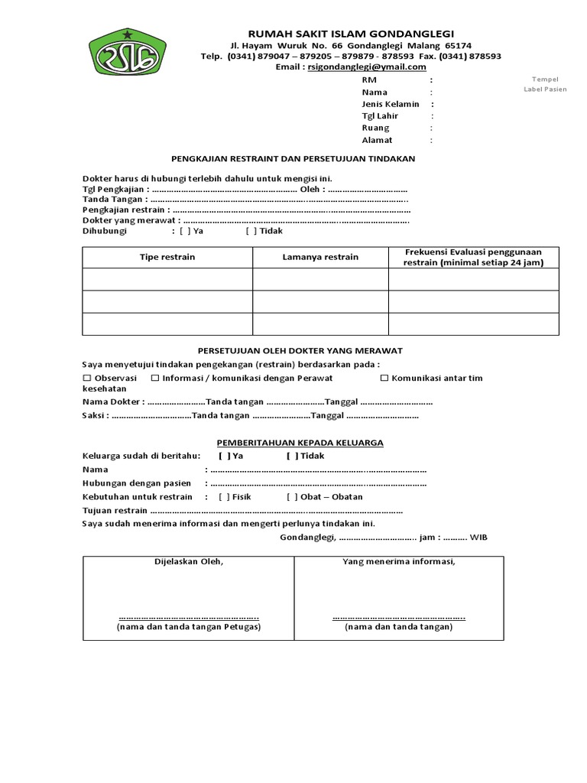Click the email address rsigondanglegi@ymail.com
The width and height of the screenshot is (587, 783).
[x=366, y=67]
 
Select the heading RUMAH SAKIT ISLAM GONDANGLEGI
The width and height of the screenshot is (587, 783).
[x=351, y=34]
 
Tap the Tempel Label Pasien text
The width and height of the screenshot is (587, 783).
[x=545, y=83]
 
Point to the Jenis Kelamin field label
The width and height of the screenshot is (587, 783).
[x=390, y=104]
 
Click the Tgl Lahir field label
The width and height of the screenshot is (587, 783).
[x=380, y=116]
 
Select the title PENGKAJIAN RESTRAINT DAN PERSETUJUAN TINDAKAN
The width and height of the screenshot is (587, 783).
[x=293, y=158]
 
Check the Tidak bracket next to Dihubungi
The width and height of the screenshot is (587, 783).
[x=251, y=230]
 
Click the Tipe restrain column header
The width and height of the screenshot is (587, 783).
[x=167, y=257]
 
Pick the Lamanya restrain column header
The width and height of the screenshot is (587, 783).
[x=320, y=257]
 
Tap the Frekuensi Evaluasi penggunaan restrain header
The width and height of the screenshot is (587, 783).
[x=474, y=257]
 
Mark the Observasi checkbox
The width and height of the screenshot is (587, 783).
[x=87, y=378]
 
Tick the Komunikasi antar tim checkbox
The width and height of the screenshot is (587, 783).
[x=385, y=378]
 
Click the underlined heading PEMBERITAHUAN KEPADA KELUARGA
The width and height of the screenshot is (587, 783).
[x=300, y=443]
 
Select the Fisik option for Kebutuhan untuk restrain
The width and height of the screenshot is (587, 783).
[x=224, y=496]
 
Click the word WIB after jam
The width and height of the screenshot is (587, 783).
[x=478, y=538]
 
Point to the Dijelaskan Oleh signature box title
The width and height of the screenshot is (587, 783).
[x=188, y=562]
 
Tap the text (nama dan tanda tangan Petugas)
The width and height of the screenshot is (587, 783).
[x=188, y=627]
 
